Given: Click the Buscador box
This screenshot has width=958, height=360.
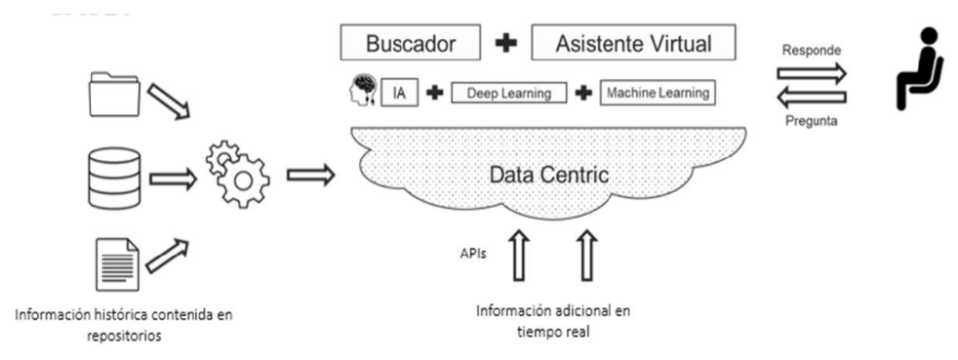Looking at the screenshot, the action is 411,43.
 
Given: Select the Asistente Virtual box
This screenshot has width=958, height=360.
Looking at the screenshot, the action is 633,43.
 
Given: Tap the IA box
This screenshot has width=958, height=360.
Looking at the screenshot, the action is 400,94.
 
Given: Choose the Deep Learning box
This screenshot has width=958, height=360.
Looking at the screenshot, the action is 509,94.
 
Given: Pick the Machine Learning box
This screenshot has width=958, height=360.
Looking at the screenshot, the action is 658,93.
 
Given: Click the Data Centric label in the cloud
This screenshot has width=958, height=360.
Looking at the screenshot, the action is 548,176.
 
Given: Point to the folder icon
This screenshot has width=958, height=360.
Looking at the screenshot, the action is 115,94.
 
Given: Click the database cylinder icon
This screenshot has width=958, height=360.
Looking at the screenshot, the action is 114,178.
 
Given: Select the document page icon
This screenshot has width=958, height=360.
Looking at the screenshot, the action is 117,264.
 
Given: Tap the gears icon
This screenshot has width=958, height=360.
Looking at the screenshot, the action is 238,173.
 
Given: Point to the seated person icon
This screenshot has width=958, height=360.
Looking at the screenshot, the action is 916,69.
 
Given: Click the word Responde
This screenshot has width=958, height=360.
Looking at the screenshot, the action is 812,50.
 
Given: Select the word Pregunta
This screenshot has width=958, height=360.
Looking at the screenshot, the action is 812,121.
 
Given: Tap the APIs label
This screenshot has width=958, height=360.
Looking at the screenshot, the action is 473,253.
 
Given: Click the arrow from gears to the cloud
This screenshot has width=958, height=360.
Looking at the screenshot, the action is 311,176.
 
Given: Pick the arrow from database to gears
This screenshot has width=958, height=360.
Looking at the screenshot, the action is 173,180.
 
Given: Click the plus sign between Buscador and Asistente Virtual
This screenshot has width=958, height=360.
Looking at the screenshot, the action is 506,44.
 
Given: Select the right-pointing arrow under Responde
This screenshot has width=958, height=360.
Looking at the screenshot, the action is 812,73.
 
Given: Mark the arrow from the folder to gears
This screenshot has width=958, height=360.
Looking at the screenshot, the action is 169,98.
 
